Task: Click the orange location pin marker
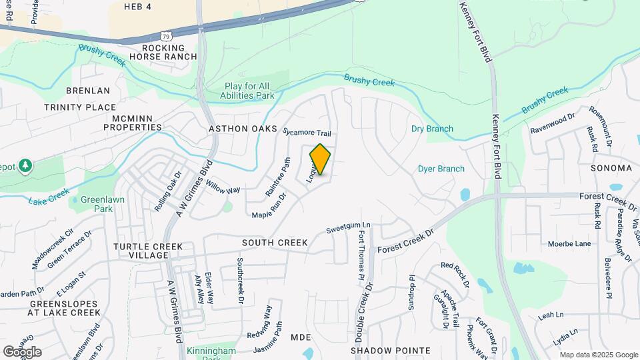point(320,160)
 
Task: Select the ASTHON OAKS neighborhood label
point(243,129)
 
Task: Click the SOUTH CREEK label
point(275,243)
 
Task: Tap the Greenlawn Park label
point(96,204)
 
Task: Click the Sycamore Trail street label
point(307,133)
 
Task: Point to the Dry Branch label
point(432,129)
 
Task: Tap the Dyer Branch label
point(441,169)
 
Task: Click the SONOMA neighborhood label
point(611,168)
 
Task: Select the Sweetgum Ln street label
point(347,229)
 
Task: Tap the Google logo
point(22,351)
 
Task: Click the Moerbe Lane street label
point(569,243)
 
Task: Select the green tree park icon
point(25,165)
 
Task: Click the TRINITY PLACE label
point(80,107)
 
